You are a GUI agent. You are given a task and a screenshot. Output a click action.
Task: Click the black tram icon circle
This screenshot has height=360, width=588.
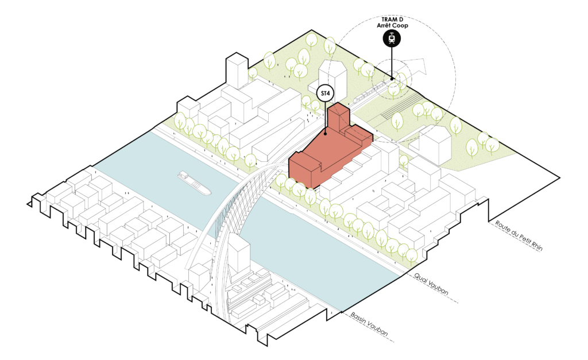tap(392, 38)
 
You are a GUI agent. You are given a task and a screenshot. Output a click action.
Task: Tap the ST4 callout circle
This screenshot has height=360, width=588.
tap(325, 94)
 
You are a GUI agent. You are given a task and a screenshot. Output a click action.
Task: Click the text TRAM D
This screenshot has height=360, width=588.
tap(392, 20)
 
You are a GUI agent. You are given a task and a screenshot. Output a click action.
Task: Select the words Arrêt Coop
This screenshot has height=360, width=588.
tap(392, 25)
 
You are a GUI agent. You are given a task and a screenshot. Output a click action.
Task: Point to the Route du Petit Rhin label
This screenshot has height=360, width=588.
tap(519, 235)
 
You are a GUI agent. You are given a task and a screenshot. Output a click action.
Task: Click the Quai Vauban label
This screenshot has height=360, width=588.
tap(431, 284)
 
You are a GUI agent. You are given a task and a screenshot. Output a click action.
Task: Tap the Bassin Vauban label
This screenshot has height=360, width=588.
tap(369, 324)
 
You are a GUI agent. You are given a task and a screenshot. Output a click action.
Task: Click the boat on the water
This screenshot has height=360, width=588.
tap(194, 183)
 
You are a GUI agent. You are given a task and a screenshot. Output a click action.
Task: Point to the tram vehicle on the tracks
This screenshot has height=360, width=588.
tap(369, 92)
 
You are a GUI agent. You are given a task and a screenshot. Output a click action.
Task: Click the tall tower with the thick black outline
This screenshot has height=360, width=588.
tap(237, 72)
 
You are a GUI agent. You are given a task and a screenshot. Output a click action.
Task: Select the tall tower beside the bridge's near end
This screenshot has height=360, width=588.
tap(239, 256)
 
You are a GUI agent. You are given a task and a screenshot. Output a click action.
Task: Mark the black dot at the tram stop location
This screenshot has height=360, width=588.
tap(392, 79)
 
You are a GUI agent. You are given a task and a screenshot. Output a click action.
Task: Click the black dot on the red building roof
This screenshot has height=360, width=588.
tap(325, 133)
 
